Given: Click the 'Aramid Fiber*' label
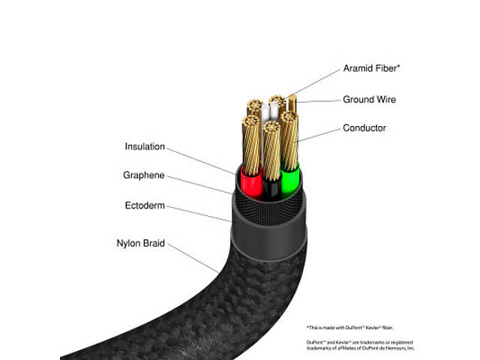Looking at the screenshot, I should [x=371, y=68].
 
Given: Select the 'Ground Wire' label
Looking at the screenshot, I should [x=369, y=100].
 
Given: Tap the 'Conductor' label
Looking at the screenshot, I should [x=364, y=128].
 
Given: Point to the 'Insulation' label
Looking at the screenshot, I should [x=145, y=147].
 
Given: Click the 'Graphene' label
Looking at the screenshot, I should [x=143, y=175].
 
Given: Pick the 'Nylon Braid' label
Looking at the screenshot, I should [x=140, y=243].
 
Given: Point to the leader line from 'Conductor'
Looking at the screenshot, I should [x=319, y=135].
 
